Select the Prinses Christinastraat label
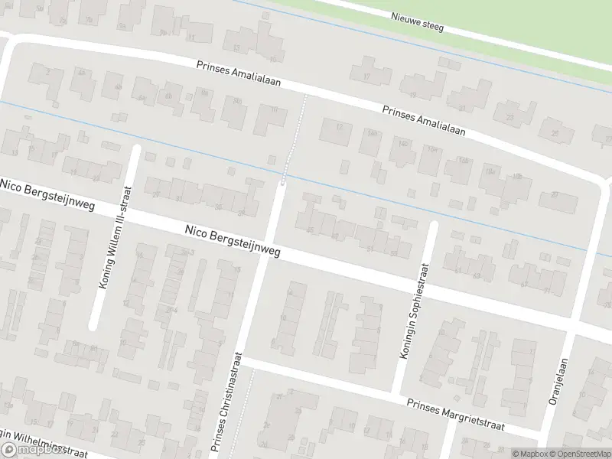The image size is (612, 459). (227, 403)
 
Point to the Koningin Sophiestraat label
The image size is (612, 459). (412, 310)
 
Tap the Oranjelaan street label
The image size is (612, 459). (564, 386)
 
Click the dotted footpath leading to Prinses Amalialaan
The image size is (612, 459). (295, 138)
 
